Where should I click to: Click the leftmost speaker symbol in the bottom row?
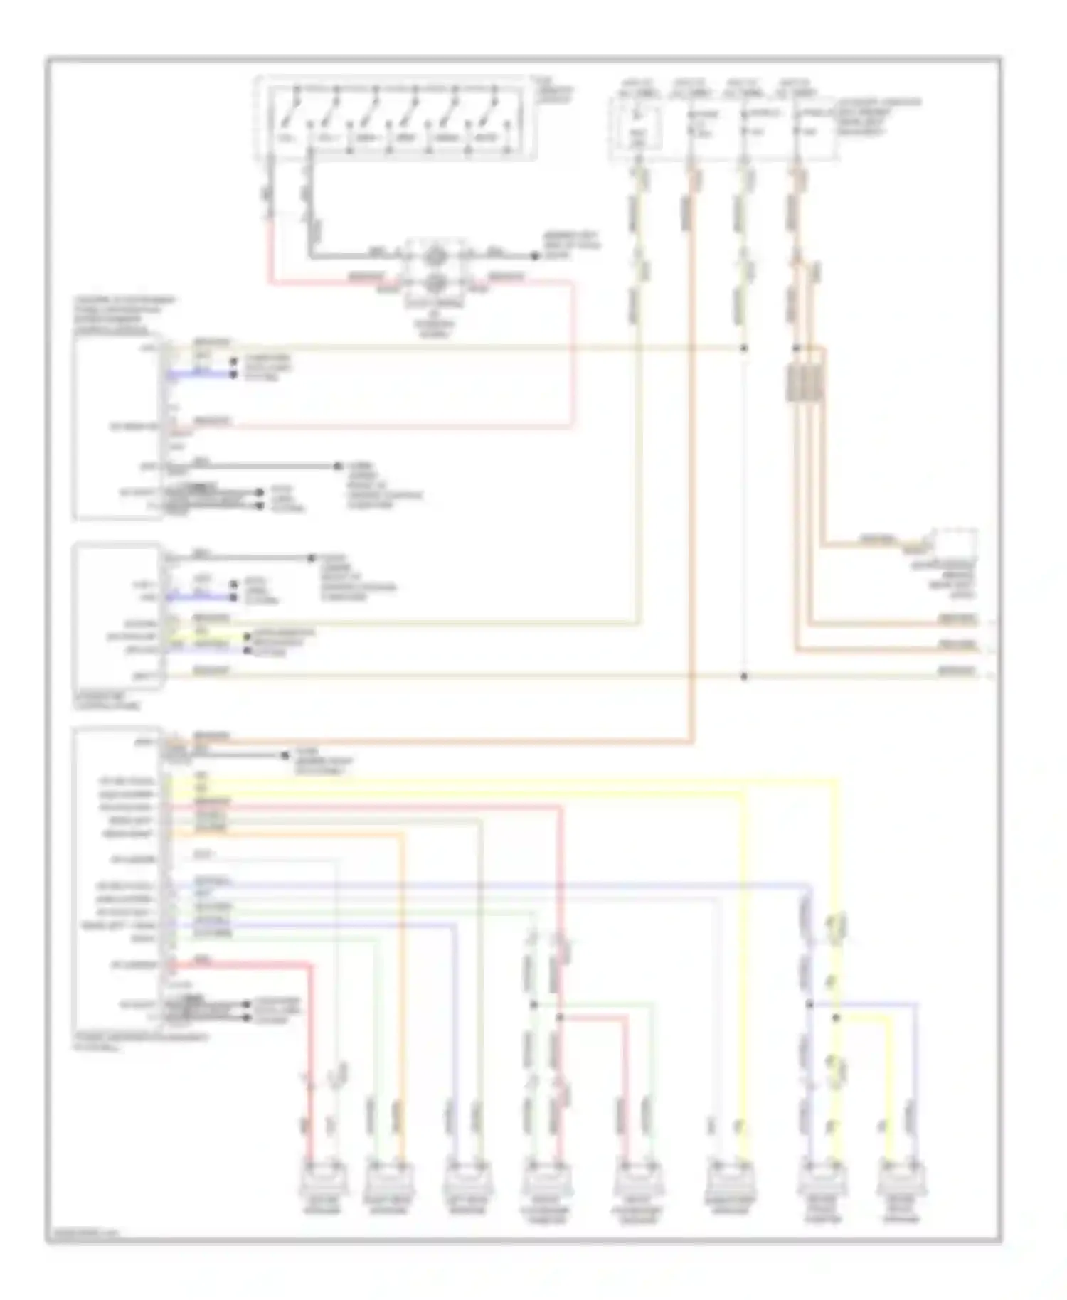324,1181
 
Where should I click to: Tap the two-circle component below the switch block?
435,270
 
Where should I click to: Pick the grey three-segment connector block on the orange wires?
805,383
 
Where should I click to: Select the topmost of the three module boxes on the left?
117,427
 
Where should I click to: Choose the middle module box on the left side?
118,616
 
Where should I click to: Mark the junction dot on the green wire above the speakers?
533,1005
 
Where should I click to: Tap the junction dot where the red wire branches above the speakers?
560,1018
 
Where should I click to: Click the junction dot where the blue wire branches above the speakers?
809,1005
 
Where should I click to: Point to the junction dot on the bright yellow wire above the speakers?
837,1018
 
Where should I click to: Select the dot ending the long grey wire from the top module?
338,467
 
